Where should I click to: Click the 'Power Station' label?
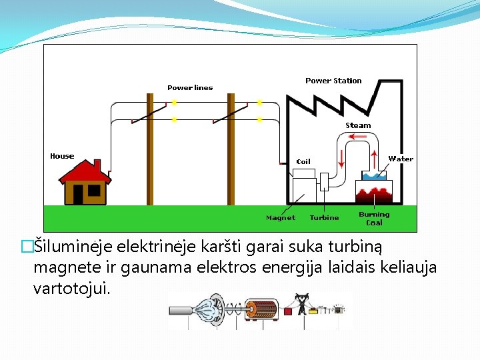333,81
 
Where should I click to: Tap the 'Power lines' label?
190,87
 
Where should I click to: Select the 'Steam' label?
358,125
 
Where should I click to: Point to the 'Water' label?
401,159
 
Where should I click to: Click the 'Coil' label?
303,161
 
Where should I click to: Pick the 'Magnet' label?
280,217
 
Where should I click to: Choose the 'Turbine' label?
324,217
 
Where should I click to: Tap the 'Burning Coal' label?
374,218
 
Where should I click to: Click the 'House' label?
62,156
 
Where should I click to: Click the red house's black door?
78,194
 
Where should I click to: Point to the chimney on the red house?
97,165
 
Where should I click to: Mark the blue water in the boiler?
376,176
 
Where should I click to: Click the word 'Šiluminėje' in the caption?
73,247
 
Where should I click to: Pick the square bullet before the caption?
27,247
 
